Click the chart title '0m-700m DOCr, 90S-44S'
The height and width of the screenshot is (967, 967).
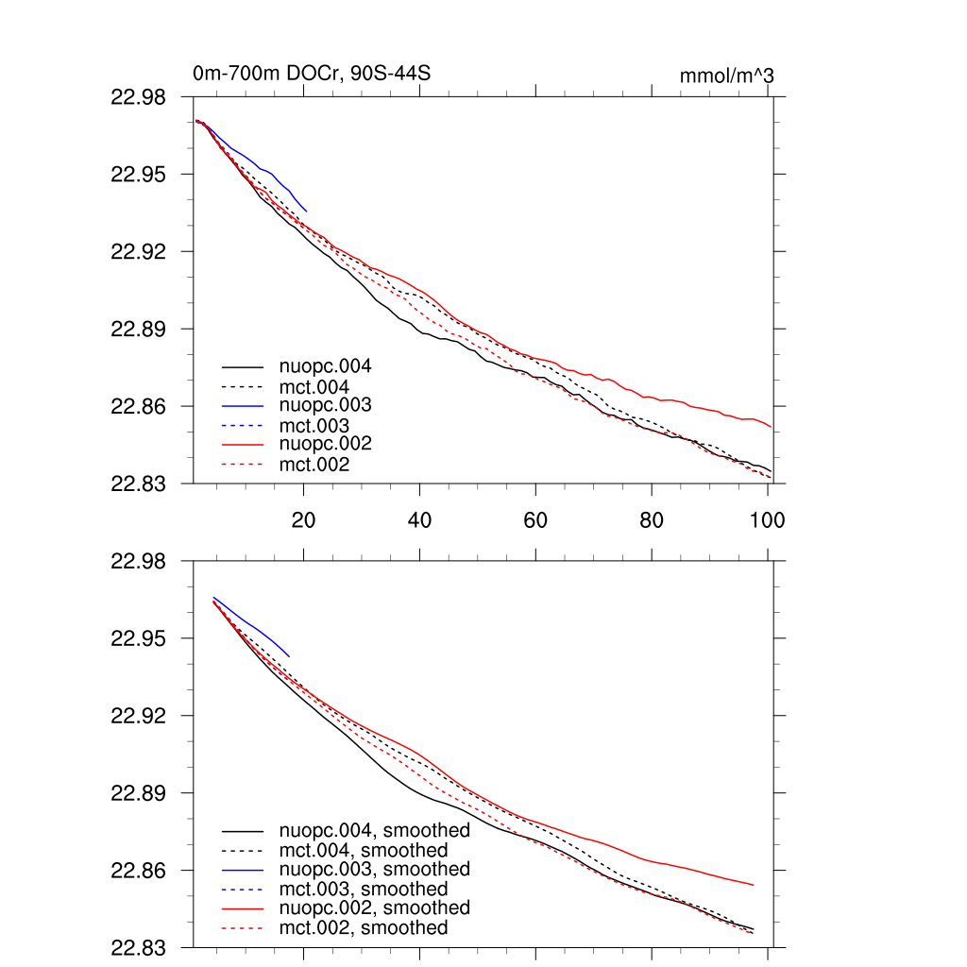313,74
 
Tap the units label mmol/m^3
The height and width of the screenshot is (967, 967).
726,76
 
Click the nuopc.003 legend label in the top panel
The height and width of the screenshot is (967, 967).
325,405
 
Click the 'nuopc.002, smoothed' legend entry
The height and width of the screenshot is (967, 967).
374,908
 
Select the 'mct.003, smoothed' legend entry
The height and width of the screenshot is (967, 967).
364,889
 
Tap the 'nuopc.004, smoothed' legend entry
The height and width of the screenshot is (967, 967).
374,831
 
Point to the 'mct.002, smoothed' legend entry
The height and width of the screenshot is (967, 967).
364,928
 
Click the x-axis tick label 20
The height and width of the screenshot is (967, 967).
303,519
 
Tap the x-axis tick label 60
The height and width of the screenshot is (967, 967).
535,519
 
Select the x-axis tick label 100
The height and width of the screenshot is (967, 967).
767,519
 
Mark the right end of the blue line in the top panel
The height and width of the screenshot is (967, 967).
307,211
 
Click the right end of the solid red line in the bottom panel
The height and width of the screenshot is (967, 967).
754,885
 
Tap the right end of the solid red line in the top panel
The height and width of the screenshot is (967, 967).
772,427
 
